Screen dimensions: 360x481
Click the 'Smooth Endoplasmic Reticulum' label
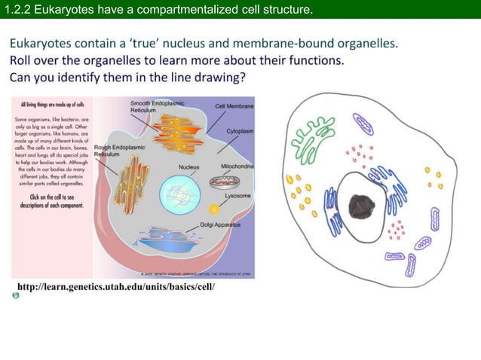[x=159, y=105]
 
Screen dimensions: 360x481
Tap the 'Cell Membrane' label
[x=235, y=106]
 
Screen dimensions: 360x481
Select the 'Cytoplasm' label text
[x=240, y=131]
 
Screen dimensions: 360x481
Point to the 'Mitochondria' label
[x=237, y=166]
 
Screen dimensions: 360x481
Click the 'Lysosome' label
[x=237, y=195]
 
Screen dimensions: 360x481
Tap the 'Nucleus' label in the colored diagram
[x=188, y=166]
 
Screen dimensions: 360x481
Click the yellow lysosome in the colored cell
[x=214, y=208]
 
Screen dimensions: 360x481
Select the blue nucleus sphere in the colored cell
[x=179, y=191]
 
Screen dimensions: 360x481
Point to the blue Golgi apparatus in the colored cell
[x=173, y=236]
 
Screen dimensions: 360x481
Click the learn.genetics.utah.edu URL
[x=115, y=287]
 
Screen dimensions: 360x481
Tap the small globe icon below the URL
[x=15, y=297]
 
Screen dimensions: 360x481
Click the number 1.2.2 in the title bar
[x=17, y=9]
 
